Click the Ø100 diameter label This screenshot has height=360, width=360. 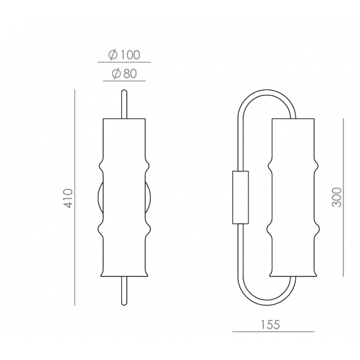(124, 55)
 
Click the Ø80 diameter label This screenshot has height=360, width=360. (124, 74)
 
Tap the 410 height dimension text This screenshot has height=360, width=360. (68, 199)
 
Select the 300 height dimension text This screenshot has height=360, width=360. (337, 197)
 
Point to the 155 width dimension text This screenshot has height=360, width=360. (270, 325)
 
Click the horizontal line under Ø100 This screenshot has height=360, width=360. (124, 62)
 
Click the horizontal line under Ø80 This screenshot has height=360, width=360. (124, 81)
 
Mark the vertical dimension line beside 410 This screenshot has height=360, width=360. (74, 197)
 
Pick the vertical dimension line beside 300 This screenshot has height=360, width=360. (343, 197)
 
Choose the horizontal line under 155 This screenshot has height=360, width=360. (273, 332)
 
